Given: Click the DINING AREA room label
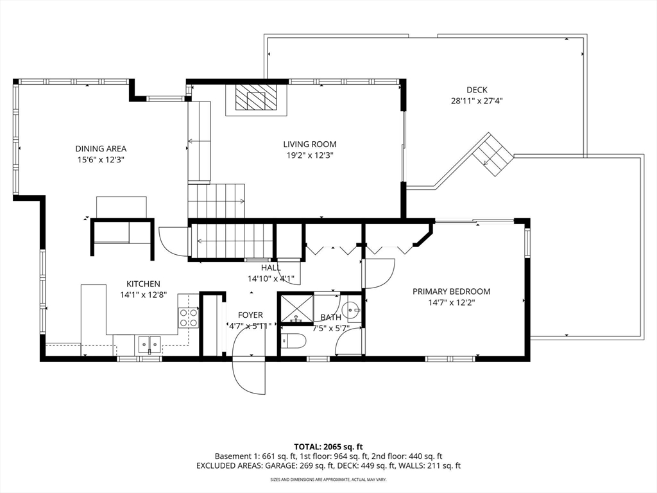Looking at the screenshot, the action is pyautogui.click(x=101, y=148).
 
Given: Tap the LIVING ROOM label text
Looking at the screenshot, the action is pyautogui.click(x=310, y=144).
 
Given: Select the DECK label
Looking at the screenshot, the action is pyautogui.click(x=477, y=90).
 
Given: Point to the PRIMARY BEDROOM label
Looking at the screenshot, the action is pyautogui.click(x=451, y=291).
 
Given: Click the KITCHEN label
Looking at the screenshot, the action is pyautogui.click(x=143, y=284).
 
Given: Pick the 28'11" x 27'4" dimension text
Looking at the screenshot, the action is pyautogui.click(x=477, y=101).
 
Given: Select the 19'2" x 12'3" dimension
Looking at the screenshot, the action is pyautogui.click(x=310, y=155).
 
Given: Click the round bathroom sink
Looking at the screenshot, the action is pyautogui.click(x=350, y=311).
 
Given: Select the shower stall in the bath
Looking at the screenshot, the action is pyautogui.click(x=296, y=309).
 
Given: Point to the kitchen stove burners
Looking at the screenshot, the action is pyautogui.click(x=188, y=317).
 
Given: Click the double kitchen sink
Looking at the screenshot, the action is pyautogui.click(x=149, y=345).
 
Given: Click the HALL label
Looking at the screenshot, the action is pyautogui.click(x=271, y=268).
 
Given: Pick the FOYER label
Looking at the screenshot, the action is pyautogui.click(x=250, y=315).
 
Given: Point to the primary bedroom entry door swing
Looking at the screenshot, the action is pyautogui.click(x=380, y=273).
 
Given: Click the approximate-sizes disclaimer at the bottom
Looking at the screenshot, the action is pyautogui.click(x=328, y=479).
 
